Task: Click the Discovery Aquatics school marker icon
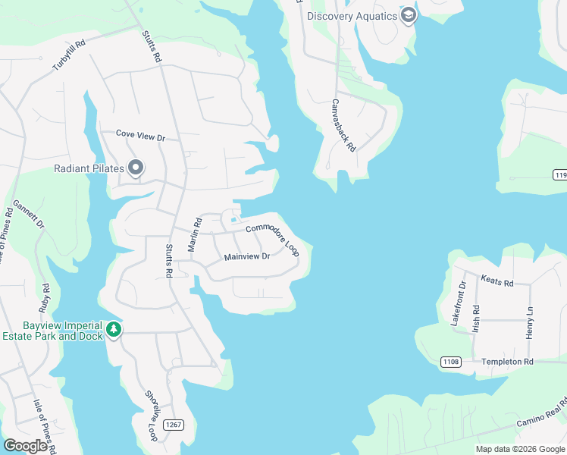tap(409, 16)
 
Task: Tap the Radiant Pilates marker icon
tap(136, 168)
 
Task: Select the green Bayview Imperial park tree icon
tap(114, 330)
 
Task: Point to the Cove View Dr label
tap(140, 136)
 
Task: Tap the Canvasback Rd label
tap(343, 126)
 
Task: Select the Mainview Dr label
tap(247, 257)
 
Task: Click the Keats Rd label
tap(497, 281)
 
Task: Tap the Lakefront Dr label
tap(459, 303)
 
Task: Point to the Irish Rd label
tap(476, 319)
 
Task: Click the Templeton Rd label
tap(508, 362)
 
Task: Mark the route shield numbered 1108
tap(450, 362)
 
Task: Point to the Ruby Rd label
tap(45, 298)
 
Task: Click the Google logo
tap(25, 446)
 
